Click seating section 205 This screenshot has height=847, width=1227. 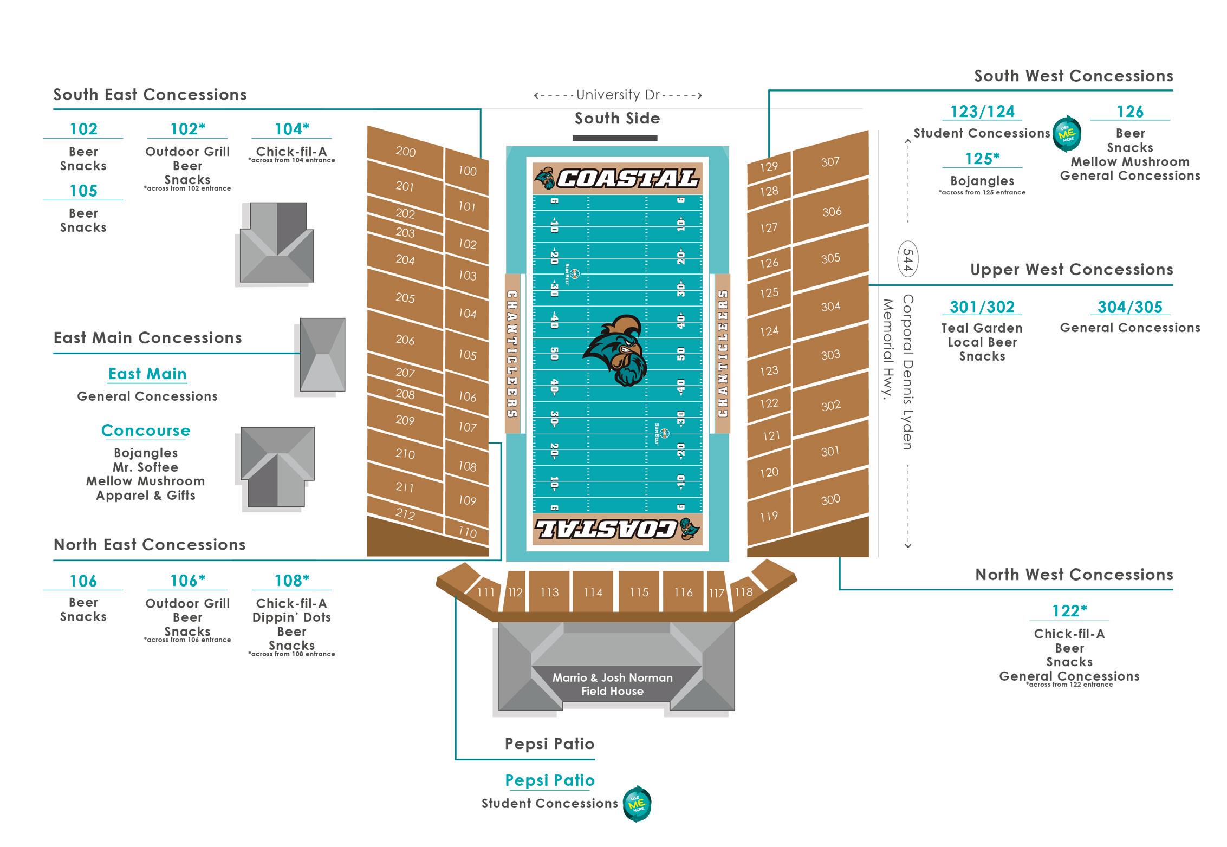click(x=405, y=298)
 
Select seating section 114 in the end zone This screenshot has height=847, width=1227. click(x=593, y=592)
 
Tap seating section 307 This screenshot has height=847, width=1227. click(x=830, y=161)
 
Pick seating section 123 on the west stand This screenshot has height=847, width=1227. click(x=769, y=371)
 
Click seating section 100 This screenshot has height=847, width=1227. click(x=467, y=171)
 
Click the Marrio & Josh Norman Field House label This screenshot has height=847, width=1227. click(x=612, y=685)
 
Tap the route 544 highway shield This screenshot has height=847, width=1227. click(x=908, y=259)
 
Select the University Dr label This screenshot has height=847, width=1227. click(x=618, y=95)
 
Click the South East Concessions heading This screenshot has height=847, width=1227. click(x=150, y=95)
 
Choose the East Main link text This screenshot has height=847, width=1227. click(x=147, y=374)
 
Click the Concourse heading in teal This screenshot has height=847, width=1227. click(x=146, y=431)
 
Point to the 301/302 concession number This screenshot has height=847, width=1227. click(x=982, y=307)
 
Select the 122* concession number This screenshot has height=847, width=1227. click(x=1069, y=611)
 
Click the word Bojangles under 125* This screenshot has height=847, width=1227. click(x=982, y=181)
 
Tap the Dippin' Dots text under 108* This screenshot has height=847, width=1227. click(x=291, y=617)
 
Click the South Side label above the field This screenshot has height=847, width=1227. click(x=617, y=119)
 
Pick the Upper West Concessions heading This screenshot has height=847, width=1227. click(x=1071, y=270)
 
